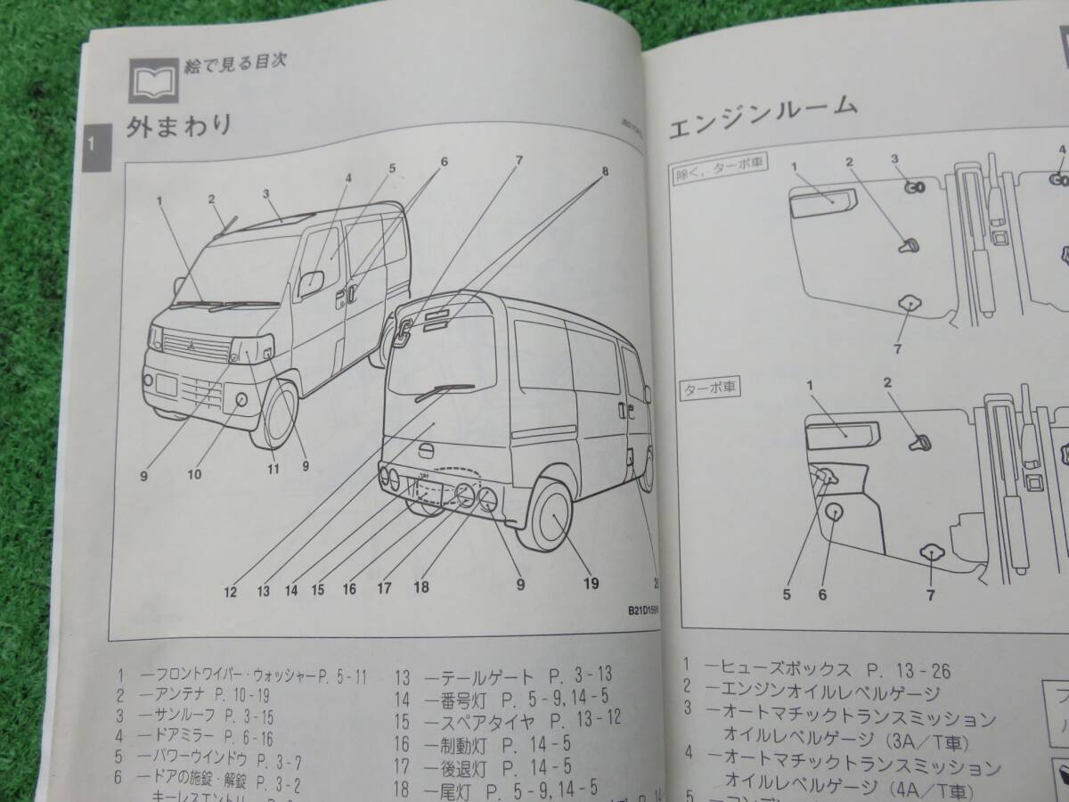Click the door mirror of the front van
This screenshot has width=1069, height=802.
pyautogui.click(x=310, y=283)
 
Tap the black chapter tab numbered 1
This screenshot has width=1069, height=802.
pyautogui.click(x=95, y=143)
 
